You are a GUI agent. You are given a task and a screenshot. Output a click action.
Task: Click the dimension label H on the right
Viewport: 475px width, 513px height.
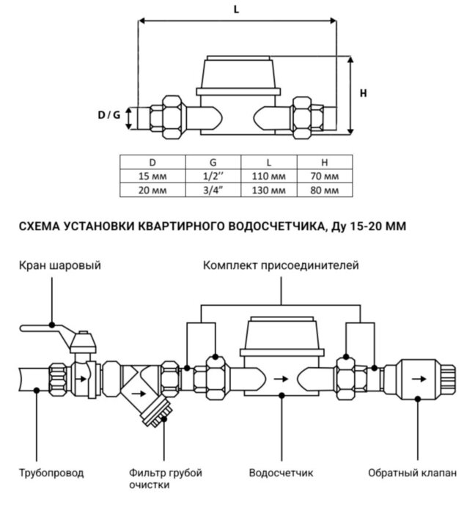[x=364, y=93]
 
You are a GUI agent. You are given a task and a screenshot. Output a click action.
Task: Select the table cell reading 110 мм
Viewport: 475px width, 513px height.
[x=268, y=177]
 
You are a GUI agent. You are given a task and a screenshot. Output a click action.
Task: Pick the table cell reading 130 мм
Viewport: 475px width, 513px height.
[x=268, y=191]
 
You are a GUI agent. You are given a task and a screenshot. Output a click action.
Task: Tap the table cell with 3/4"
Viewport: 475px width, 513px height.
[x=212, y=191]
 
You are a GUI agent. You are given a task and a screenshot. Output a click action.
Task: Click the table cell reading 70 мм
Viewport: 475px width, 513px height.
[x=324, y=177]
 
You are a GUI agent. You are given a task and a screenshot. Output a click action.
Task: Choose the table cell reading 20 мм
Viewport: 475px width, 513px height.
[x=152, y=191]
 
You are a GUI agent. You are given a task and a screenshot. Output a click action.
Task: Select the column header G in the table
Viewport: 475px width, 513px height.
[x=212, y=163]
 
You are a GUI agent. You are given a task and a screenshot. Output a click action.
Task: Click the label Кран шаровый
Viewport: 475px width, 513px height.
[x=59, y=265]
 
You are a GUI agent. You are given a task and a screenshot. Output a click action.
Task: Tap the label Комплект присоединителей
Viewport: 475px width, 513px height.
[x=281, y=265]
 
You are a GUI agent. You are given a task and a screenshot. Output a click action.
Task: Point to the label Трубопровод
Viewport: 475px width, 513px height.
[x=51, y=473]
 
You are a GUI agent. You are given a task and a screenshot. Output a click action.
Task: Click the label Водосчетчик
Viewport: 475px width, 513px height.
[x=281, y=473]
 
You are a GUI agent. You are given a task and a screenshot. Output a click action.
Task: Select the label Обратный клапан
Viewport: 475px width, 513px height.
[x=412, y=473]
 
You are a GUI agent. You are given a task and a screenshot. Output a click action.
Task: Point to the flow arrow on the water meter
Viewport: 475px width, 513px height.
[x=281, y=379]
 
